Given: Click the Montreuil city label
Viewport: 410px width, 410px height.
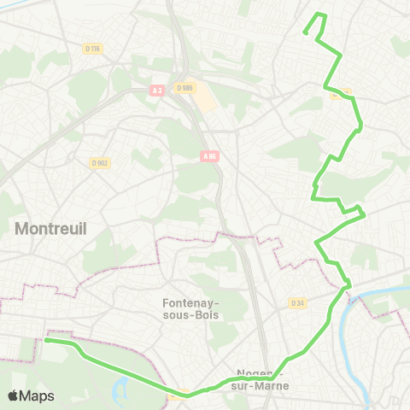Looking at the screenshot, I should pyautogui.click(x=51, y=228).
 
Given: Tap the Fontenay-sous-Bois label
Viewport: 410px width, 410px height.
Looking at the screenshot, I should pyautogui.click(x=190, y=308).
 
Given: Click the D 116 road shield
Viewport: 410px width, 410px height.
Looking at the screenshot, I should pyautogui.click(x=93, y=49).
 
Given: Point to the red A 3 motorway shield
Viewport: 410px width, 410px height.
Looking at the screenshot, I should pyautogui.click(x=156, y=90).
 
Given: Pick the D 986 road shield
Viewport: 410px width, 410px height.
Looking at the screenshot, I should pyautogui.click(x=184, y=87).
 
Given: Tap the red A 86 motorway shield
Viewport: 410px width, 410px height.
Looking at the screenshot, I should pyautogui.click(x=210, y=155).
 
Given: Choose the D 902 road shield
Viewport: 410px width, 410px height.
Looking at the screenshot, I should pyautogui.click(x=99, y=162).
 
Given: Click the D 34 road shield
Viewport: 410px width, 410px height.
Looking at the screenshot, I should pyautogui.click(x=297, y=303).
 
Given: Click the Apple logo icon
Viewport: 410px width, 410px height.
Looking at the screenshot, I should pyautogui.click(x=14, y=395).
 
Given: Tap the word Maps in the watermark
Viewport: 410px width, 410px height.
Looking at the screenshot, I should pyautogui.click(x=37, y=395).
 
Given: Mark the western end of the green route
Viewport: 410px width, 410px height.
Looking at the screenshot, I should pyautogui.click(x=45, y=340).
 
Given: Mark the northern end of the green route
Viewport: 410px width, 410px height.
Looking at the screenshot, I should pyautogui.click(x=306, y=32).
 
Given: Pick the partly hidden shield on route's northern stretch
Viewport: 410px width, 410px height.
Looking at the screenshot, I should pyautogui.click(x=337, y=94).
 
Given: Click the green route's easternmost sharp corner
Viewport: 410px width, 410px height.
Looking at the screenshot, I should pyautogui.click(x=365, y=214).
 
